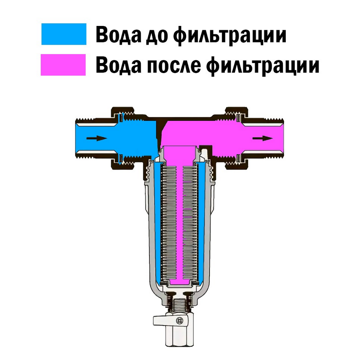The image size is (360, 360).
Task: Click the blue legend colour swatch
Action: pyautogui.click(x=64, y=34)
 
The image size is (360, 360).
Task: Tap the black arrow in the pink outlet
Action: pyautogui.click(x=262, y=138)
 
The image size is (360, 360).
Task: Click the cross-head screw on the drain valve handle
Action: pyautogui.click(x=179, y=321)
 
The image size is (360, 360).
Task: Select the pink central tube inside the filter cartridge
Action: pyautogui.click(x=179, y=216)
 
